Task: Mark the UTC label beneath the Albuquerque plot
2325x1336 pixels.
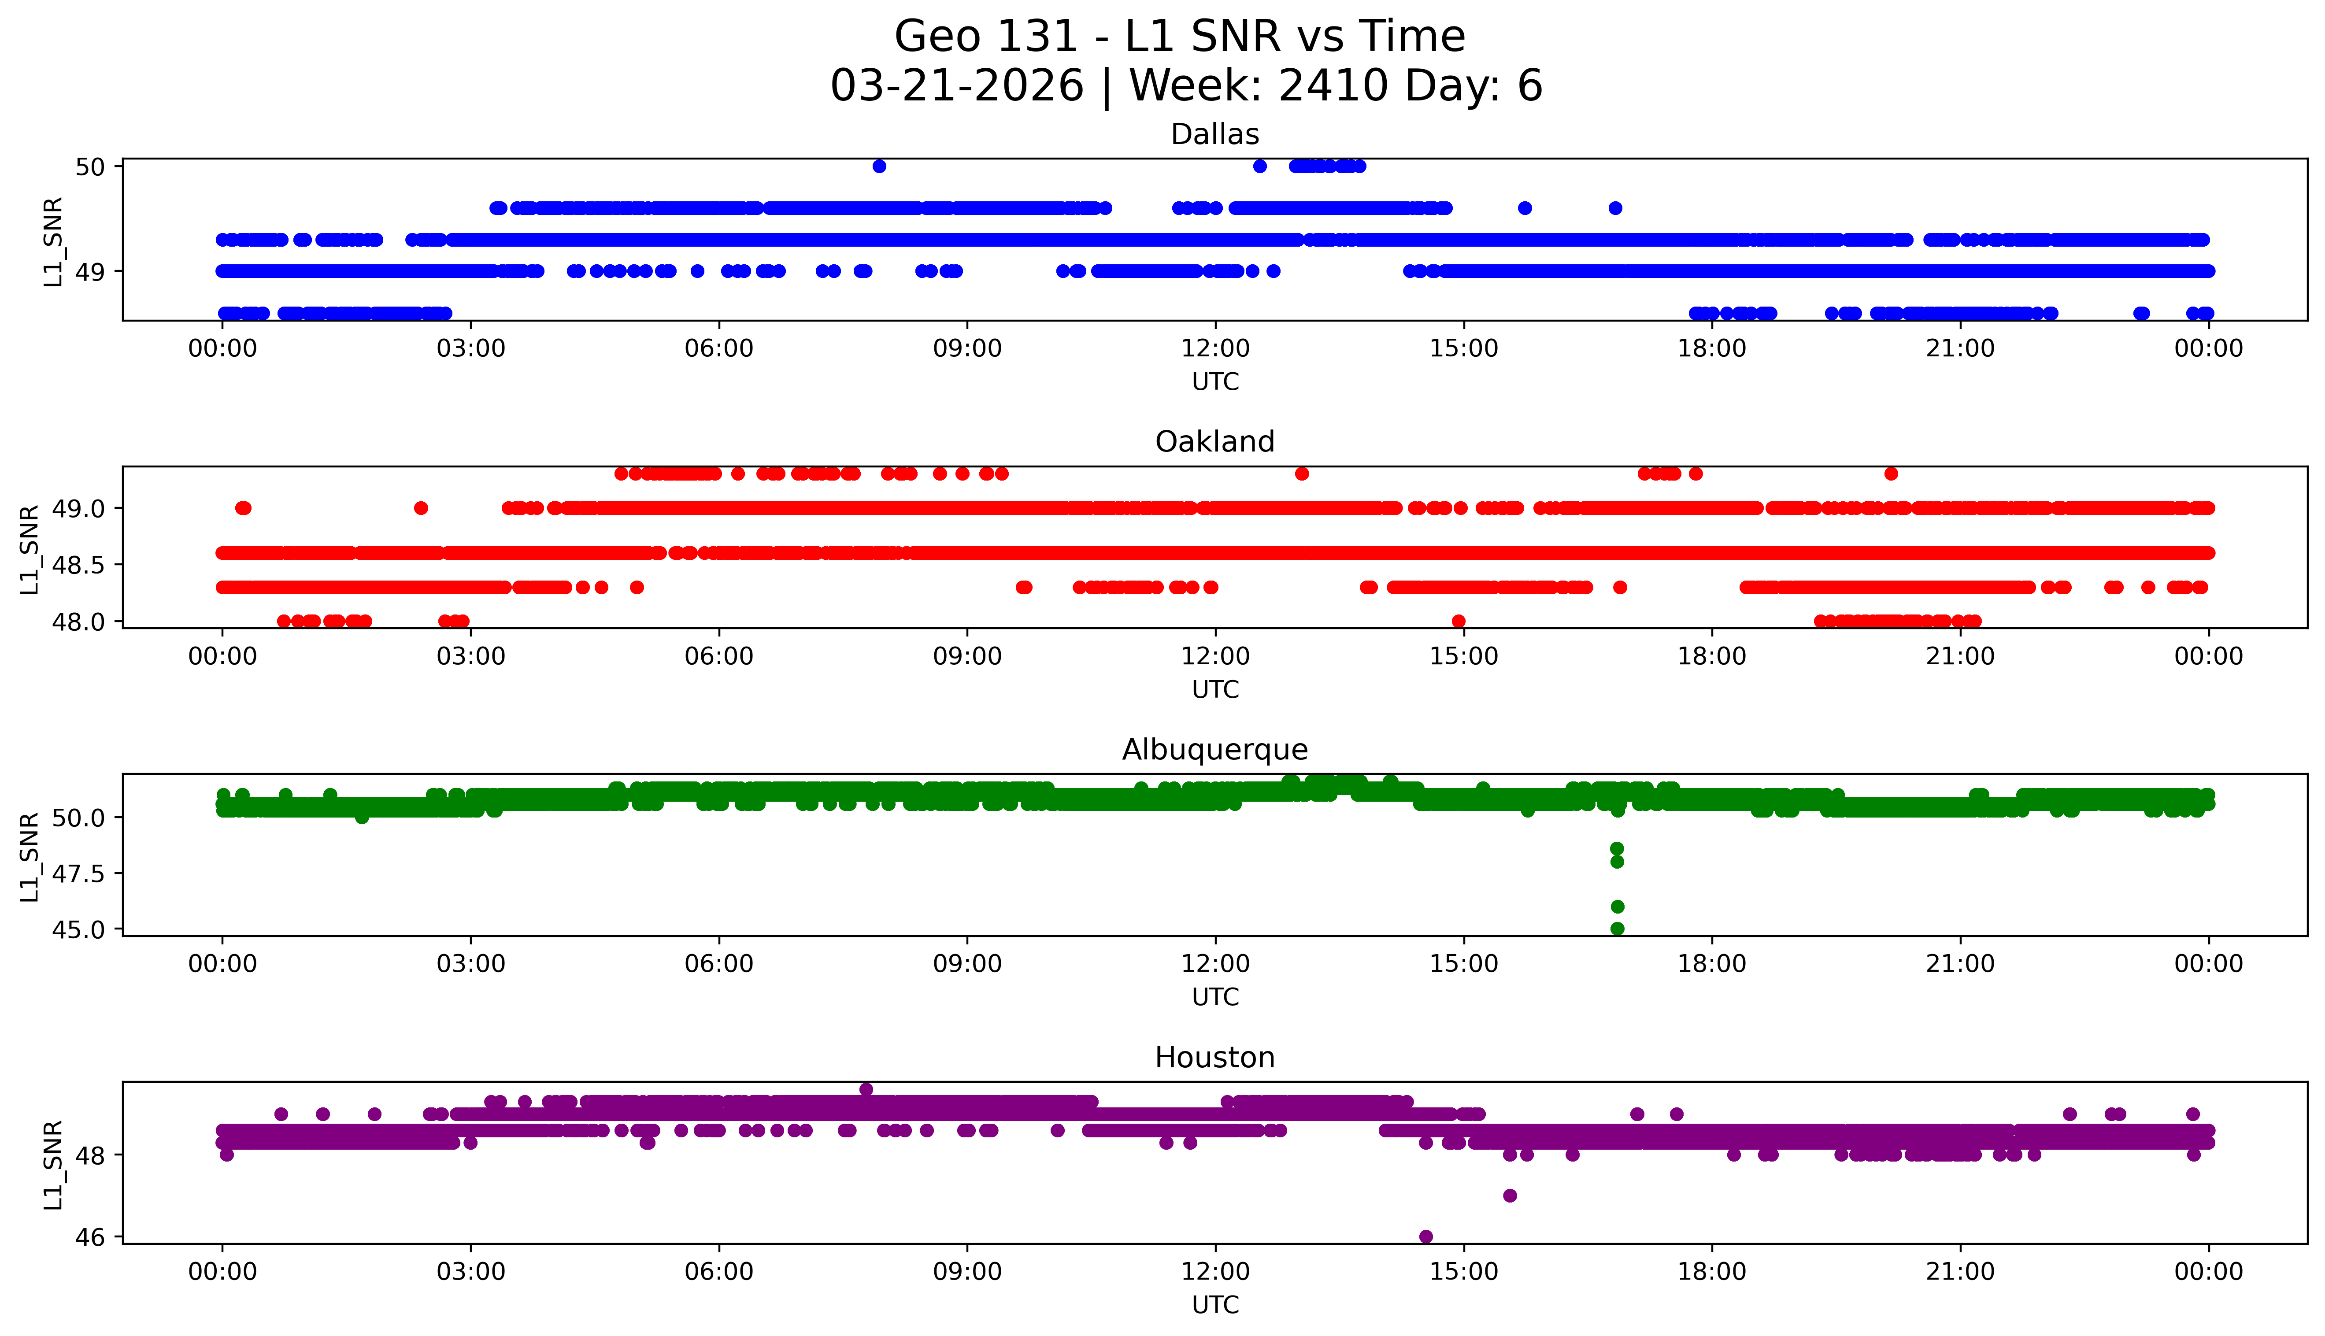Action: (x=1215, y=997)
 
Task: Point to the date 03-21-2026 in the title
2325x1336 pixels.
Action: (x=957, y=86)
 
